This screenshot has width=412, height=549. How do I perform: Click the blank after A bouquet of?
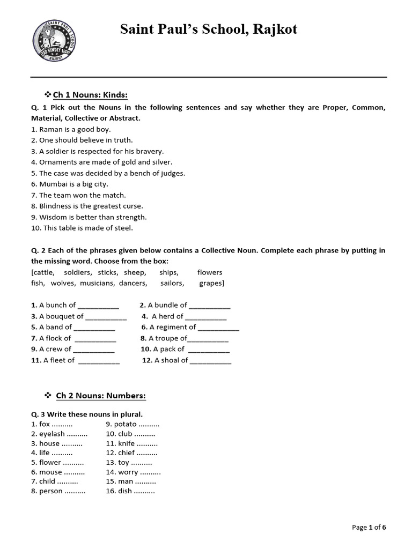pos(106,316)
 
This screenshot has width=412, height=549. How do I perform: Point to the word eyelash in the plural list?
pos(51,434)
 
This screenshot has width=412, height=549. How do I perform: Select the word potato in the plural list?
pos(126,424)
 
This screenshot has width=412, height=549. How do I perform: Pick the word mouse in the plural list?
pos(50,472)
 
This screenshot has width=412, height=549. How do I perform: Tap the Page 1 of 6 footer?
pos(369,528)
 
